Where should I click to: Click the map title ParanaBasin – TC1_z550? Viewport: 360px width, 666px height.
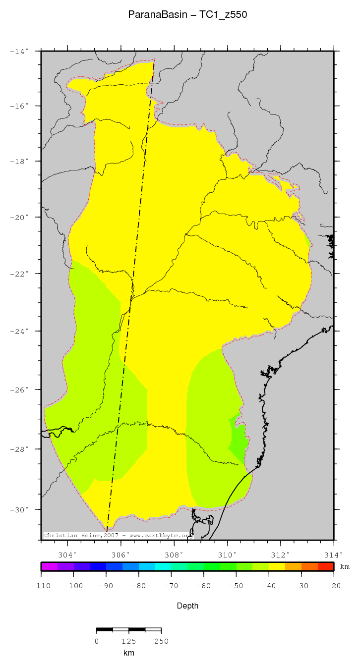(187, 15)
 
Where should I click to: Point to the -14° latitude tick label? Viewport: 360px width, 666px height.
(20, 51)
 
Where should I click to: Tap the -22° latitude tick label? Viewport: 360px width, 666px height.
(20, 274)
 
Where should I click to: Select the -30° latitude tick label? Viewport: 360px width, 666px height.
(20, 510)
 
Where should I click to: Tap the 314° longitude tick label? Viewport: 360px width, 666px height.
(333, 554)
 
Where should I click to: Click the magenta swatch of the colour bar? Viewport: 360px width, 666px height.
(49, 566)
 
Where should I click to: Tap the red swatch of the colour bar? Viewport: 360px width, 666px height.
(325, 566)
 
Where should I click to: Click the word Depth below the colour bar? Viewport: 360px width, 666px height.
(187, 606)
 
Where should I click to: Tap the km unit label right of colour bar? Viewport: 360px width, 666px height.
(345, 566)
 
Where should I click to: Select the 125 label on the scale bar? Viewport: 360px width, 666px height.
(129, 641)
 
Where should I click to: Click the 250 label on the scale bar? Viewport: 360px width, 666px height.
(161, 641)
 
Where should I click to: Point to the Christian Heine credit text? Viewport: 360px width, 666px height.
(117, 535)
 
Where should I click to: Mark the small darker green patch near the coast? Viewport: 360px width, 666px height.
(239, 436)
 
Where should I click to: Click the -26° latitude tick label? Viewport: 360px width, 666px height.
(20, 389)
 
